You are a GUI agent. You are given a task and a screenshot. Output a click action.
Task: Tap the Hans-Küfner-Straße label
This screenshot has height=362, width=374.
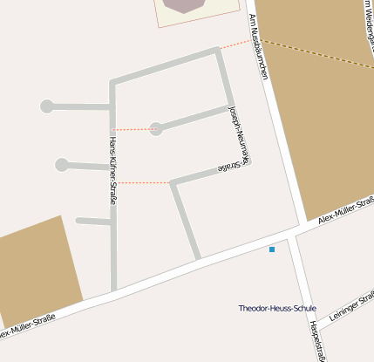(113, 170)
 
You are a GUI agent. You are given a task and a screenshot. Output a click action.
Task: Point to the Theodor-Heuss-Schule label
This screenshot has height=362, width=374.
(277, 308)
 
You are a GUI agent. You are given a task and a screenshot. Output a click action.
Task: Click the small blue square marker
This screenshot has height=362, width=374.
(272, 250)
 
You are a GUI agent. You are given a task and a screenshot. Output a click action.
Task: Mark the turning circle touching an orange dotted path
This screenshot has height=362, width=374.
(156, 129)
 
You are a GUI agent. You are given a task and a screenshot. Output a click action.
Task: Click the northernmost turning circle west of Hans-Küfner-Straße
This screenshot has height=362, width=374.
(47, 106)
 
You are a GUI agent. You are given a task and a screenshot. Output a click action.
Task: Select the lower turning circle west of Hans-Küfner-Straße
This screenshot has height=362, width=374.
(62, 164)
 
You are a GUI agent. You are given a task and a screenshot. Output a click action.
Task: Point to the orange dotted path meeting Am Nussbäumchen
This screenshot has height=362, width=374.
(235, 44)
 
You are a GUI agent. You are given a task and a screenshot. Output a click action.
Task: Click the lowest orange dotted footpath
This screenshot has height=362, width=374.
(144, 182)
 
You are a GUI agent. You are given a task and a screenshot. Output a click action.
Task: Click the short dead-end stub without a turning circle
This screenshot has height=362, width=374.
(92, 222)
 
